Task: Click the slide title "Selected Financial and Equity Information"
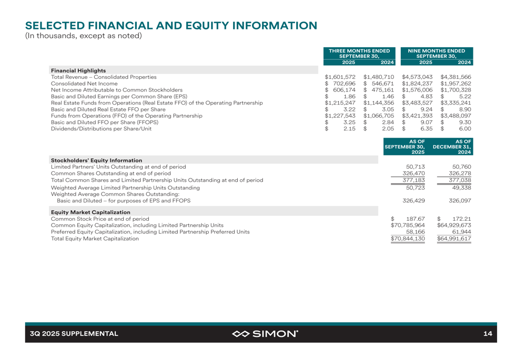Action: [171, 25]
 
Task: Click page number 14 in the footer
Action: [488, 334]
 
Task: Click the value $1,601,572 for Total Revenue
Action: [340, 77]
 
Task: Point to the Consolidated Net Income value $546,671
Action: [379, 84]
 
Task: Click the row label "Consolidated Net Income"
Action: [84, 84]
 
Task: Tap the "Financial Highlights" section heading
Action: [78, 70]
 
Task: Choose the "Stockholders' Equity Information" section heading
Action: [96, 160]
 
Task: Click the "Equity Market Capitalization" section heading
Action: [90, 212]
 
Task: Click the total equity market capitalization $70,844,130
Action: [408, 239]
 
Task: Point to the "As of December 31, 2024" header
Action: [452, 147]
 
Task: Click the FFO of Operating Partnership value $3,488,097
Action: [456, 116]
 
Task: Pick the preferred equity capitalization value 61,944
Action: [461, 232]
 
